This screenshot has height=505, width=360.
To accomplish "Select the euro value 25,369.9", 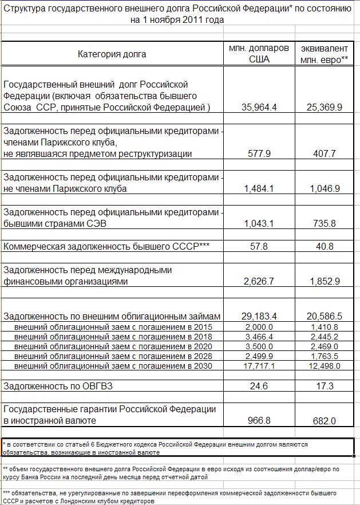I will pos(324,106).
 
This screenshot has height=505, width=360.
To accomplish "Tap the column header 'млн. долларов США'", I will pos(259,53).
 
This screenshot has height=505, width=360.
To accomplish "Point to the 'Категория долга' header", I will pos(112,54).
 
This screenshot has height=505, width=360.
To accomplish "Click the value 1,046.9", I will pos(324,188).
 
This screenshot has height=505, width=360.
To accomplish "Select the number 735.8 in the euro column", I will pos(324,223).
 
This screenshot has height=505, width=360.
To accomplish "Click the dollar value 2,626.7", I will pos(259,282).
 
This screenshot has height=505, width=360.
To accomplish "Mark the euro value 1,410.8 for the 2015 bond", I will pos(324,327).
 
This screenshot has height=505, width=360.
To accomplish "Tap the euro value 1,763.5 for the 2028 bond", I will pos(324,356).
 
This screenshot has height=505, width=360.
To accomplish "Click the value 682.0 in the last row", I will pos(324,421).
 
